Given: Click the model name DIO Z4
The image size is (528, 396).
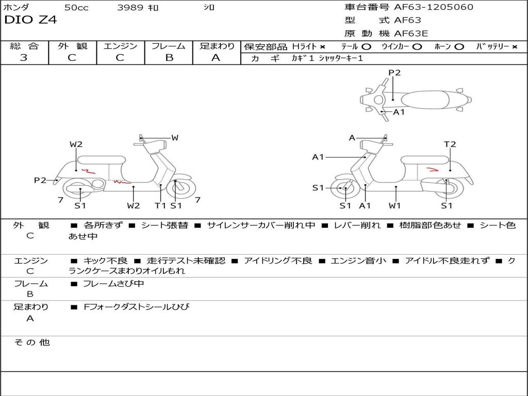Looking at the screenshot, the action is pos(30,20).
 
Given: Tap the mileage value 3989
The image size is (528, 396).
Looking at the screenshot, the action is pos(130,8).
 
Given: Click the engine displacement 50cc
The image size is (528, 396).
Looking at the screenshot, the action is pos(76,8).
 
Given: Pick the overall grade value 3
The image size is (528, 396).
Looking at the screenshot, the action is pos(24,58).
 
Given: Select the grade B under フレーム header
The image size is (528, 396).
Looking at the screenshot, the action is pos(169,58).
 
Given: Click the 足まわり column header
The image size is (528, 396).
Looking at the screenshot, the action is pos(217,46).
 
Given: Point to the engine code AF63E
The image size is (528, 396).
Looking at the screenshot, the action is pos(411,34).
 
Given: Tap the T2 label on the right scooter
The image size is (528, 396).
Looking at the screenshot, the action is pos(450,144).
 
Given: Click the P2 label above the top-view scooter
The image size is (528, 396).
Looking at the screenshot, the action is pos(394,73).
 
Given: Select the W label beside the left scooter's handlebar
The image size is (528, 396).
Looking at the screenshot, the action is pos(175,138).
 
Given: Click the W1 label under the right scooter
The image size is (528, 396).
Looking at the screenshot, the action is pos(395,206).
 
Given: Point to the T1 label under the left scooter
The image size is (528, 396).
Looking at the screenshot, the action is pos(160,206).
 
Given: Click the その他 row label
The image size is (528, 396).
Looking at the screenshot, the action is pos(31,342).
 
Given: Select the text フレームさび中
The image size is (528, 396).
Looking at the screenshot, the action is pos(113,284).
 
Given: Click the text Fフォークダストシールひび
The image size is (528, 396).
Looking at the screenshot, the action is pos(136,307).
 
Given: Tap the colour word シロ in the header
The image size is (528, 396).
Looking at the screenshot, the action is pos(209,8).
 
